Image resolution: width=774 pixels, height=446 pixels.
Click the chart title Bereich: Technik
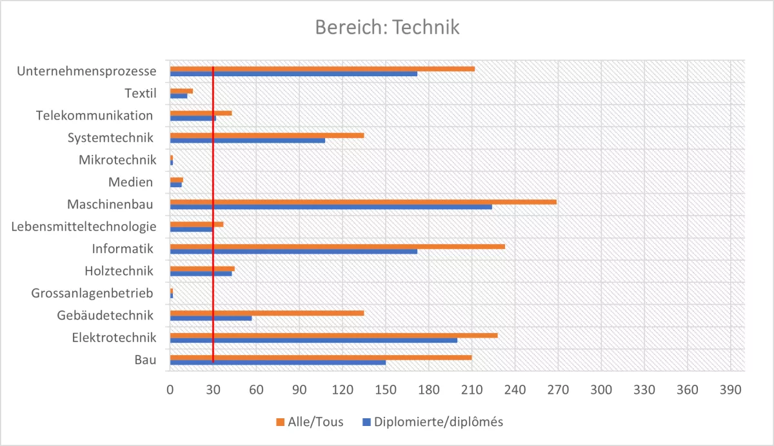[387, 28]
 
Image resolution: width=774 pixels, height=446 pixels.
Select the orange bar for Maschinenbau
[362, 202]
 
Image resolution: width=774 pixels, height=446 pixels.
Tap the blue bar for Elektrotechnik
[313, 340]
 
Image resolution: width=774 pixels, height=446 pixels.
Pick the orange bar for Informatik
[337, 247]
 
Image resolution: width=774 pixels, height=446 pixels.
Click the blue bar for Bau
[277, 362]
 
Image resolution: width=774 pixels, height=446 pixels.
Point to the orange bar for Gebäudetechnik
[266, 313]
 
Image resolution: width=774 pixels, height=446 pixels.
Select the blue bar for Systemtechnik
[247, 140]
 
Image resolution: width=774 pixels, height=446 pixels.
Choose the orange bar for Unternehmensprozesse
[322, 68]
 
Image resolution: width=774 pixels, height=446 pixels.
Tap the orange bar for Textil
[181, 91]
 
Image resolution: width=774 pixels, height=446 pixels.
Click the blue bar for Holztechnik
[201, 274]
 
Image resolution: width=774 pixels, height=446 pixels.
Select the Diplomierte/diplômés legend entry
[432, 422]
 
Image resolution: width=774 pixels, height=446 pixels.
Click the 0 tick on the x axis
[170, 390]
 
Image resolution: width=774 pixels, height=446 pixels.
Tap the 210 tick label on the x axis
[471, 390]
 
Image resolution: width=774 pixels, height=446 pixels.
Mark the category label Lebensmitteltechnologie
[84, 227]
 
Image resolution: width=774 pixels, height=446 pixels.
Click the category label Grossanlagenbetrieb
[93, 294]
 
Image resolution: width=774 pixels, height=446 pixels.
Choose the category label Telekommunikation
[95, 116]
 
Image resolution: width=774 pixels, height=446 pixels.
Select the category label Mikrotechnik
[117, 160]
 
